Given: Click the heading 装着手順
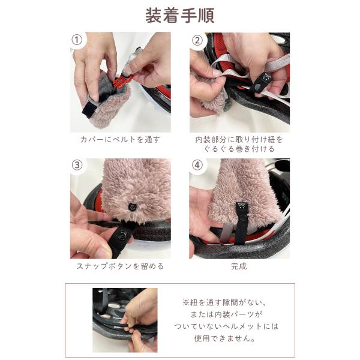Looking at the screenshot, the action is coord(180,16).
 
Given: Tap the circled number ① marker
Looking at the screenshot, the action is coord(77,40).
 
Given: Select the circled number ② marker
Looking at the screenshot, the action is coord(197,41).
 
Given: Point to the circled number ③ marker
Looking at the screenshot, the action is coord(77,166).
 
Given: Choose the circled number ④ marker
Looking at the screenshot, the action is coord(197,166).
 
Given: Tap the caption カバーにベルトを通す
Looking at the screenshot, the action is coord(120,139).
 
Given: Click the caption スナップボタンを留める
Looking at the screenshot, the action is coord(120,266).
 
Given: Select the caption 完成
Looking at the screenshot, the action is coord(239,266).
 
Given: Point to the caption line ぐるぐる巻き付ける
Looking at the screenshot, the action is coord(239,149).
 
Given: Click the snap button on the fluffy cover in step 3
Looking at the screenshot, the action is coord(133,206).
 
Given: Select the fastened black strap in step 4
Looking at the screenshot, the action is coord(240,222).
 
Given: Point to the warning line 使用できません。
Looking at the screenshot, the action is coord(225,338).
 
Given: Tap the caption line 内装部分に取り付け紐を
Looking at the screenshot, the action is coord(239,139).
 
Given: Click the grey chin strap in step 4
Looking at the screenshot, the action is coord(225,231).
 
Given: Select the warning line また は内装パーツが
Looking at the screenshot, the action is coord(226,314).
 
